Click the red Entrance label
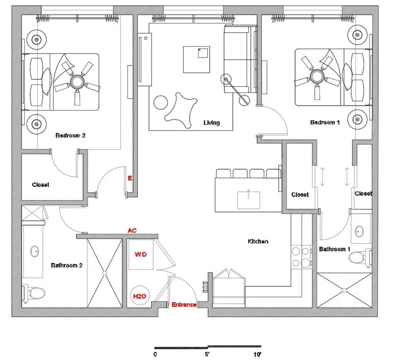coord(184,305)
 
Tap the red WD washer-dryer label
coord(140,254)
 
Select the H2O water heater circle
coord(140,296)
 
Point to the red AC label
coord(132,231)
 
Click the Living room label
coord(212,122)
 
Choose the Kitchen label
coord(258,241)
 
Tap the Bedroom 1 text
coord(325,122)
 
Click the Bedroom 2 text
coord(70,135)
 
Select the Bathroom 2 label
coord(66,265)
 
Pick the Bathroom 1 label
coord(335,249)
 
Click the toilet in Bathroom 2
coord(34,293)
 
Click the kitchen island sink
coord(248,200)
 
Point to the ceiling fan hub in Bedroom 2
coord(77,82)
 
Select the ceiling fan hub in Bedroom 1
coord(316,76)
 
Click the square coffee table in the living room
coord(196,60)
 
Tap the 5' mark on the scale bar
coord(207,354)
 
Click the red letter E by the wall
coord(130,178)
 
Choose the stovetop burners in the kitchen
coord(301,257)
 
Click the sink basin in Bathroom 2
coord(34,251)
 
